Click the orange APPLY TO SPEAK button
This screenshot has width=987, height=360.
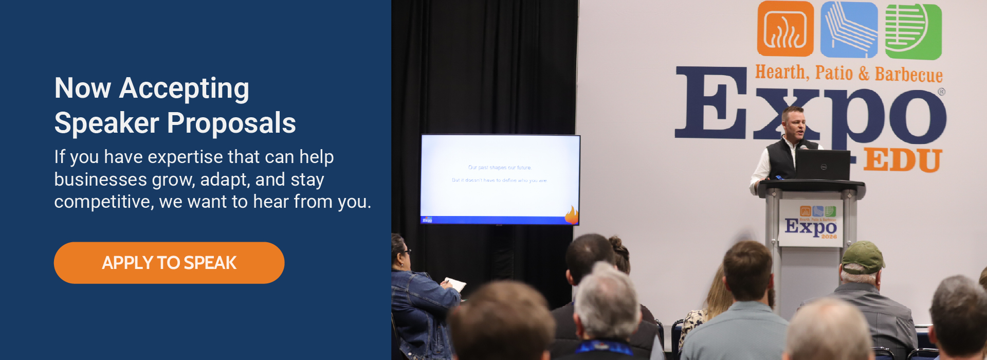pyautogui.click(x=169, y=263)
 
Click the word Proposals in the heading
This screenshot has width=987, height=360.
pyautogui.click(x=231, y=123)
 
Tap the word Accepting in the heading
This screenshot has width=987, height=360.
pyautogui.click(x=184, y=88)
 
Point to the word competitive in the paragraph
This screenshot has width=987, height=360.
pyautogui.click(x=103, y=202)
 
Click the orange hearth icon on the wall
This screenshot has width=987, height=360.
pyautogui.click(x=785, y=29)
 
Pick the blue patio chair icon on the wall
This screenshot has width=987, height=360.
pyautogui.click(x=849, y=29)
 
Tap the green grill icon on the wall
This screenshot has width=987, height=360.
pyautogui.click(x=913, y=31)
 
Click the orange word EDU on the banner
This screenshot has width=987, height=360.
pyautogui.click(x=902, y=160)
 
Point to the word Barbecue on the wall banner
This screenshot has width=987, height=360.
pyautogui.click(x=908, y=75)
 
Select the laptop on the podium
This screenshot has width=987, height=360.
pyautogui.click(x=822, y=165)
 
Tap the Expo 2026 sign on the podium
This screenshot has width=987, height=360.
pyautogui.click(x=811, y=224)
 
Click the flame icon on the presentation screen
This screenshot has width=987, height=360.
pyautogui.click(x=572, y=215)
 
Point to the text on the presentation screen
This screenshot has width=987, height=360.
pyautogui.click(x=499, y=174)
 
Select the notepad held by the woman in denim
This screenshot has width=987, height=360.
pyautogui.click(x=454, y=284)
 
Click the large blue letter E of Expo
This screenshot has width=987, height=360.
pyautogui.click(x=710, y=103)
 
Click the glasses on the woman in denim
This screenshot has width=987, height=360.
pyautogui.click(x=406, y=251)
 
